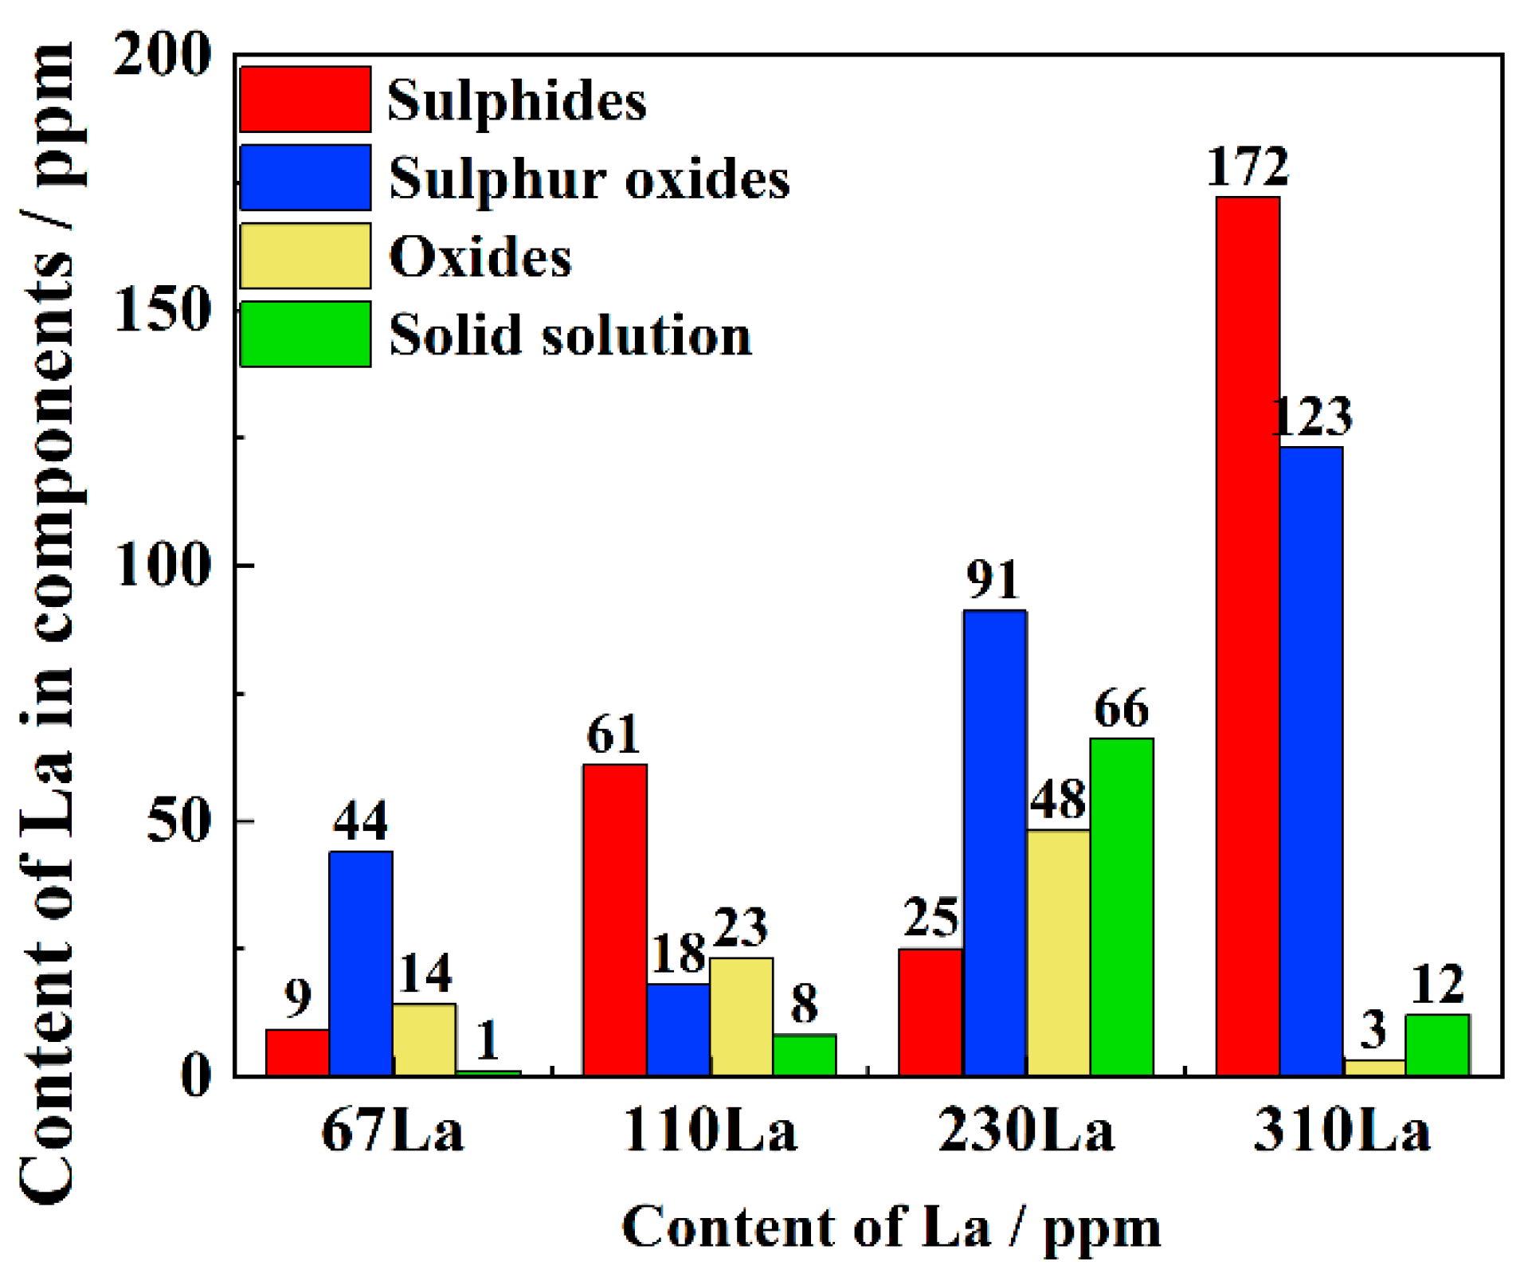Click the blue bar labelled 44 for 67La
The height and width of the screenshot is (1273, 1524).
pos(360,963)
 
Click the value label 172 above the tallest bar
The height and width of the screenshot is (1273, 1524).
pos(1247,167)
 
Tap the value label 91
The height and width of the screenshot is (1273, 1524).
pos(993,579)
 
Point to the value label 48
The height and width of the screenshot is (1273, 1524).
pos(1057,800)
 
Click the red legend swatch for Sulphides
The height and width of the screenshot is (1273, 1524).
pos(305,100)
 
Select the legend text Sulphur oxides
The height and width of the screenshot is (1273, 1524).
pos(589,178)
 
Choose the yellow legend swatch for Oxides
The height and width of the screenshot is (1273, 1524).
pos(305,256)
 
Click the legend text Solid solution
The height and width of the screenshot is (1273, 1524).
pos(570,335)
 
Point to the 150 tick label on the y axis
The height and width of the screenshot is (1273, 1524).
pos(163,309)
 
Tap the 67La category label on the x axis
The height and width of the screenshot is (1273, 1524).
pos(392,1131)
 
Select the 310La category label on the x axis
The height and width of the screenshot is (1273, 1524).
pos(1342,1131)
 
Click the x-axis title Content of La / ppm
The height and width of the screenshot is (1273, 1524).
pos(891,1228)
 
